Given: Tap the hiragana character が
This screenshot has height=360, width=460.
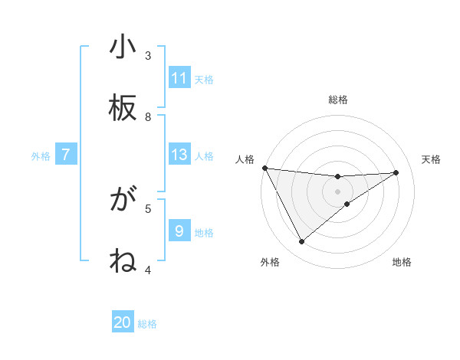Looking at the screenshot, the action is [123, 201].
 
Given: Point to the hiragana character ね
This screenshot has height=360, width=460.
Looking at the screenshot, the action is [123, 262].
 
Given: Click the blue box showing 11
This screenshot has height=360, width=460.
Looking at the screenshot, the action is [179, 78].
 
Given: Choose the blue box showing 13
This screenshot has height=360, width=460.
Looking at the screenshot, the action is [179, 155].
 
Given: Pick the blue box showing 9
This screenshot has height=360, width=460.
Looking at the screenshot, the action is [179, 231].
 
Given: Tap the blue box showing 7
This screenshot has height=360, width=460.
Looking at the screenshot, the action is [66, 155].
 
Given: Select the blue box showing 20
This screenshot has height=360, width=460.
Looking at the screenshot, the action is [123, 322].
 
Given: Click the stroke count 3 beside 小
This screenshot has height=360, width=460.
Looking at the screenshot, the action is [148, 56].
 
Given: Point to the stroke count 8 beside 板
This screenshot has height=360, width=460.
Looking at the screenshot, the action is [148, 117].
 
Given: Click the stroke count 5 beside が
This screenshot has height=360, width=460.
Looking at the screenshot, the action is [148, 208].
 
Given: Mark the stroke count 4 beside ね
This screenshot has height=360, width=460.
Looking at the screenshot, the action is [148, 270].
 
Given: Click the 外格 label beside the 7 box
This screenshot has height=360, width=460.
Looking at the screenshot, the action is [41, 156].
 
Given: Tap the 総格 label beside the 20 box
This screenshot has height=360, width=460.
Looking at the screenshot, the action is [147, 324].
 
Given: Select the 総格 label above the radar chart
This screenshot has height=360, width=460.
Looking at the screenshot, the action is [338, 100].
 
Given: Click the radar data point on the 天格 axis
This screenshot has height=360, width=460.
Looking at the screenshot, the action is [396, 172].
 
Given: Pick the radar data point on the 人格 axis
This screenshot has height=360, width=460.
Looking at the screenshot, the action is [264, 168].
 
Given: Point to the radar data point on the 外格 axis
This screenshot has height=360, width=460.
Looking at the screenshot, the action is [301, 242].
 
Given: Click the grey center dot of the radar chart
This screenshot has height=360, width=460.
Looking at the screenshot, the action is [338, 191].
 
